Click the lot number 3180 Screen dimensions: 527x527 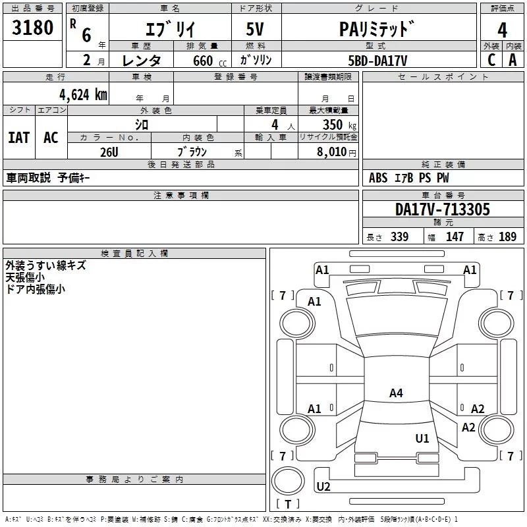coord(32,28)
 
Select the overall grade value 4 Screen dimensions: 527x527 coord(502,30)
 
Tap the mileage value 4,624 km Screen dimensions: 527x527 coord(84,95)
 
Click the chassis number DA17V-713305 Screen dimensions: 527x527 coord(443,209)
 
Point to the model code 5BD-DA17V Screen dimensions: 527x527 coord(377,61)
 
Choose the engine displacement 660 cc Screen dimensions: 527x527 coord(209,61)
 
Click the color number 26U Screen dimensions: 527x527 coord(109,152)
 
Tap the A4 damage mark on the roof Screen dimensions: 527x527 coord(396,393)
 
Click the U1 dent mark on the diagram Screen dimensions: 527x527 coord(422,439)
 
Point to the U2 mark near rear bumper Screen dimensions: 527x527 coord(323,486)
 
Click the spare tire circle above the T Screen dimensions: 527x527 coord(288,481)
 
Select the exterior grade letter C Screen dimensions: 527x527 coord(491,60)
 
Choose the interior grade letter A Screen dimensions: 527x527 coord(513,60)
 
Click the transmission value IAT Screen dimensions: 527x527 coord(19,138)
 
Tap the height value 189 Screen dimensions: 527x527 coord(507,236)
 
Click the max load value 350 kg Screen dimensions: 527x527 coord(339,125)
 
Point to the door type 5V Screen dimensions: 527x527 coord(255,29)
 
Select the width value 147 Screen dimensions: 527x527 coord(455,236)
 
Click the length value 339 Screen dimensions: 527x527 coord(400,236)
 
